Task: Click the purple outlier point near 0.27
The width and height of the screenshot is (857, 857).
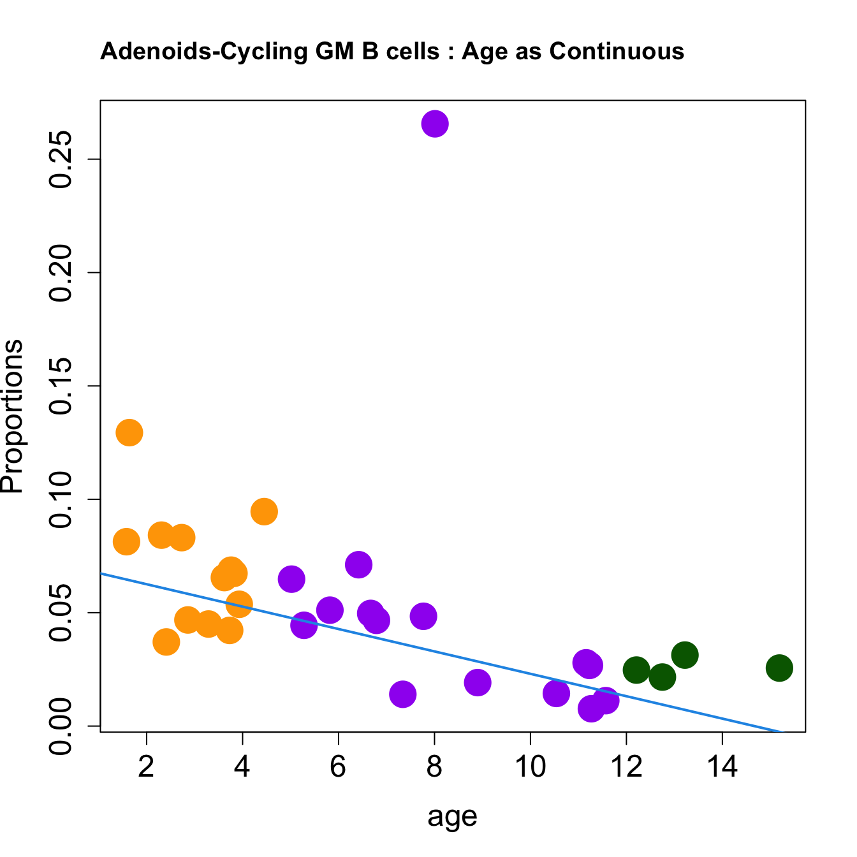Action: coord(435,124)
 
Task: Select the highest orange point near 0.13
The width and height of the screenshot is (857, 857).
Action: coord(129,433)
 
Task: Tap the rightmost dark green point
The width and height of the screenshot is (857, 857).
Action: coord(779,668)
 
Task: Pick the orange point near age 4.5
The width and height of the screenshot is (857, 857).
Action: coord(264,511)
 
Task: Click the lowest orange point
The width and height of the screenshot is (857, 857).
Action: coord(166,641)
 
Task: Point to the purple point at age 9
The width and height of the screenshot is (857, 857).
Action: coord(478,682)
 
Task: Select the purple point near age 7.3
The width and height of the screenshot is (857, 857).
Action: coord(402,694)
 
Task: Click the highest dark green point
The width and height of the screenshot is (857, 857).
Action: coord(685,655)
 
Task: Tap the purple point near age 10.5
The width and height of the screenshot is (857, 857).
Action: coord(556,693)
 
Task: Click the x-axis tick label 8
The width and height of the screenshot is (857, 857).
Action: coord(434,766)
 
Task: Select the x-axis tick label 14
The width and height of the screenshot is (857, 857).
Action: coord(722,766)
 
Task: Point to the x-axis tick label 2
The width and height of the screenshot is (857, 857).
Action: coord(147,766)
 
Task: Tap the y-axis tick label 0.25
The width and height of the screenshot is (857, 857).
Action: coord(62,159)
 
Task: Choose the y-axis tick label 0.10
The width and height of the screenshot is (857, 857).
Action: coord(62,499)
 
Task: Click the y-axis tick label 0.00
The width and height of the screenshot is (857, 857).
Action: coord(62,726)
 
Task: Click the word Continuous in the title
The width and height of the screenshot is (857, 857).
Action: coord(617,52)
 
